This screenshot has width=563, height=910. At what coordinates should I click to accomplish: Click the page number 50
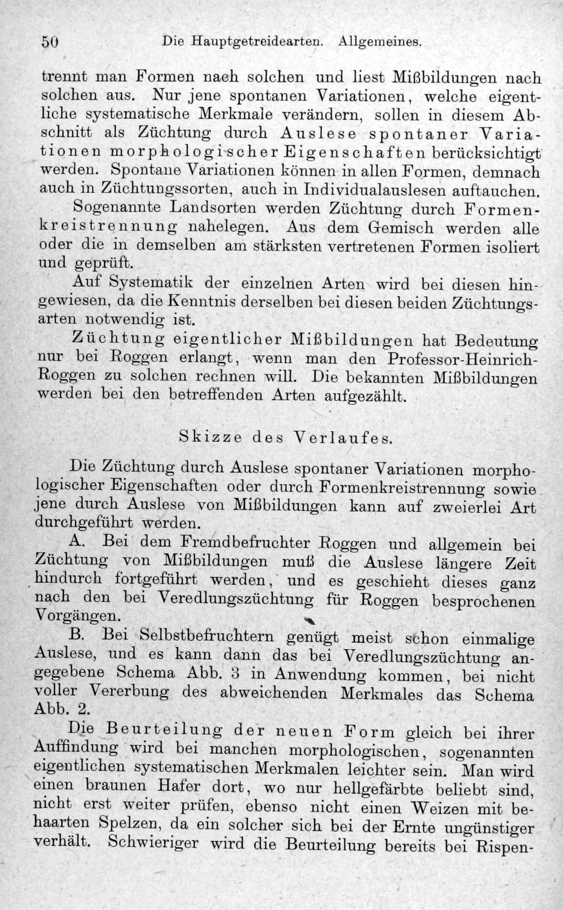(x=50, y=41)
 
